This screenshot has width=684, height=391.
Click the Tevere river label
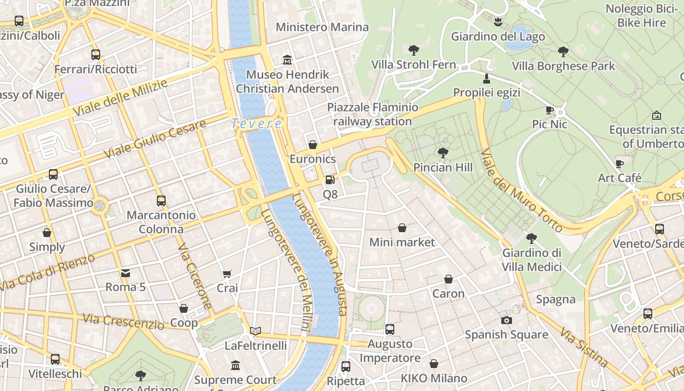click(x=257, y=124)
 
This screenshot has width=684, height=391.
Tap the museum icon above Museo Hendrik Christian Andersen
click(x=287, y=60)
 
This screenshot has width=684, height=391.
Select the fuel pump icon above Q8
click(x=330, y=180)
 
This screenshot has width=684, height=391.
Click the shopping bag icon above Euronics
click(x=313, y=145)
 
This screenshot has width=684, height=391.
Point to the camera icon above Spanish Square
click(x=507, y=320)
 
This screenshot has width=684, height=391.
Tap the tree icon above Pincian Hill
click(x=443, y=153)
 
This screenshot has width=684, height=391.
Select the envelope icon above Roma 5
click(x=126, y=273)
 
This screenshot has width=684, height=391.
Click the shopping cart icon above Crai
click(x=227, y=274)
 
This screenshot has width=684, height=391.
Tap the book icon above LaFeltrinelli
click(x=256, y=331)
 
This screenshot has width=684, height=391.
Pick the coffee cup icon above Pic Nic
click(x=550, y=110)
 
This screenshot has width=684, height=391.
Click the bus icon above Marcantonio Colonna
click(x=161, y=200)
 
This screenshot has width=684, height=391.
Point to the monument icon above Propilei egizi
click(x=486, y=78)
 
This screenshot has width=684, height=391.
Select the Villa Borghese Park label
click(x=563, y=66)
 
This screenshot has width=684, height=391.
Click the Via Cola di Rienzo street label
click(x=48, y=273)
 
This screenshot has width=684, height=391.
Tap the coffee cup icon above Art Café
click(x=620, y=163)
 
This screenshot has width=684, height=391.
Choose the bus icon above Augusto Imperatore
click(x=389, y=329)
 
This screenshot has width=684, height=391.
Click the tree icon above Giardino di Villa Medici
click(x=532, y=239)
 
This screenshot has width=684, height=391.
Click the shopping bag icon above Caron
click(x=448, y=279)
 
